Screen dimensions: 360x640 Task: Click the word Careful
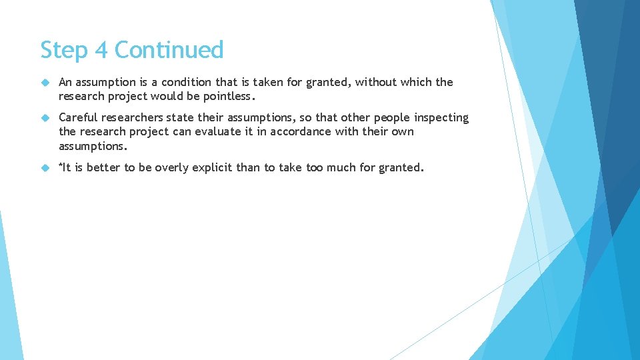click(78, 117)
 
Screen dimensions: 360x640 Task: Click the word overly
click(172, 168)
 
